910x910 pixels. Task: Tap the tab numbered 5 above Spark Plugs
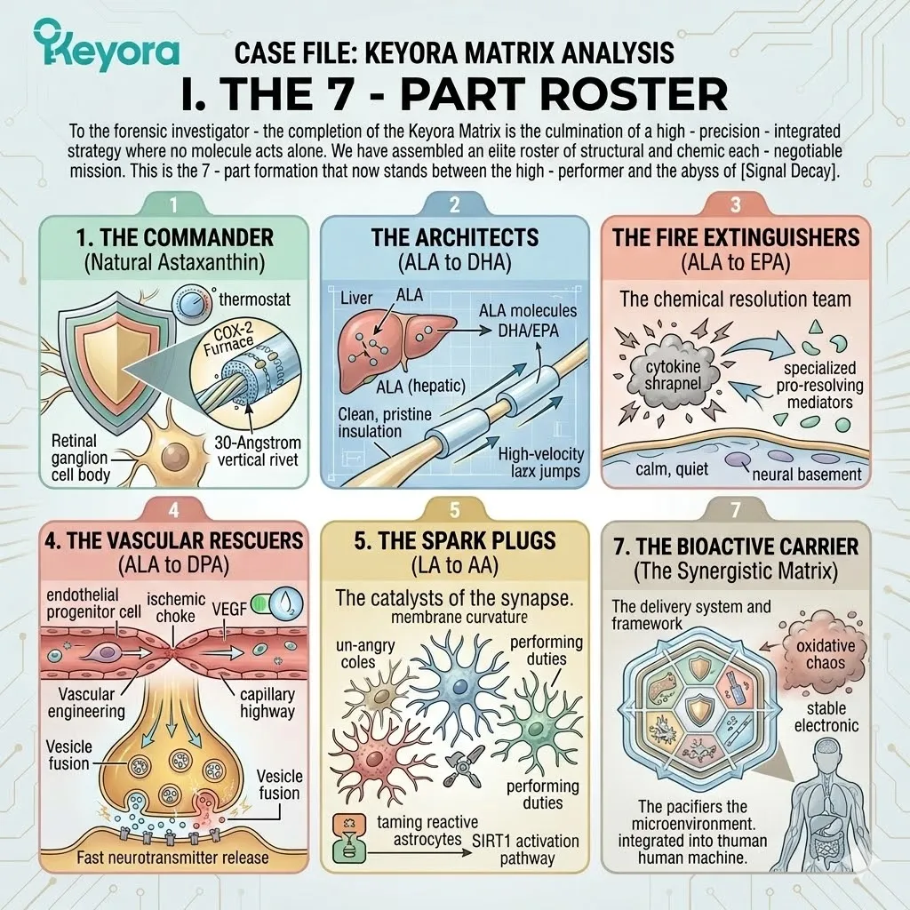pos(455,510)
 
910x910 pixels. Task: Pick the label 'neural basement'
pos(806,474)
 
